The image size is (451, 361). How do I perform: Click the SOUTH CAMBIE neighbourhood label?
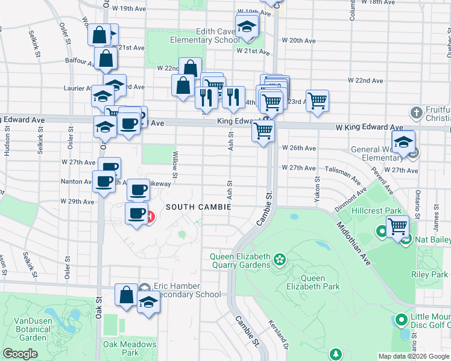pos(199,207)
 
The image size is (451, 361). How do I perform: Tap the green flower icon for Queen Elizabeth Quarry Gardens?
pos(279,260)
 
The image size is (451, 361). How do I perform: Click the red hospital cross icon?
pos(148,216)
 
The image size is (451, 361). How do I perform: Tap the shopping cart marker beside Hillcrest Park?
pos(398,227)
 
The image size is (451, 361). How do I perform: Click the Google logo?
pos(20,354)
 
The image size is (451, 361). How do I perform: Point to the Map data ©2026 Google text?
pos(413,356)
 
